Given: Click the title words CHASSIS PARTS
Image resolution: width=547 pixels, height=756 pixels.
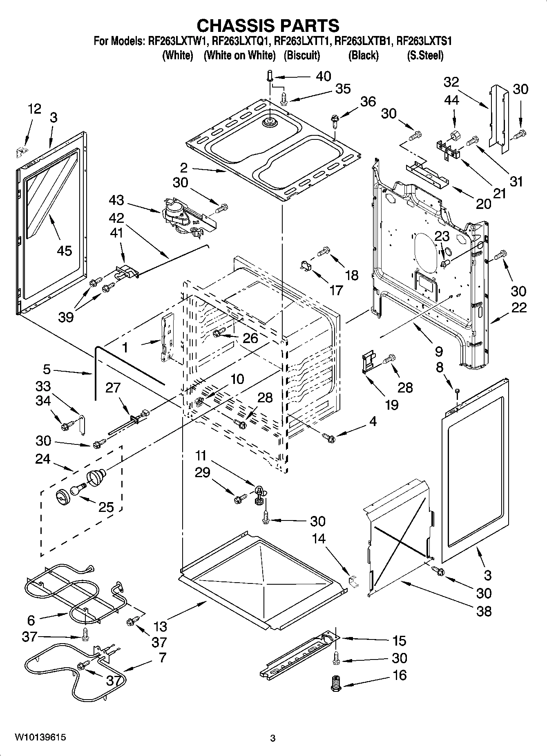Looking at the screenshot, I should (x=268, y=25).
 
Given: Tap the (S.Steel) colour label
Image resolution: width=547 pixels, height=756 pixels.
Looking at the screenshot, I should (x=425, y=56).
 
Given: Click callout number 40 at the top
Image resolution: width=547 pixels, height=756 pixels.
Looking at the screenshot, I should (x=323, y=76).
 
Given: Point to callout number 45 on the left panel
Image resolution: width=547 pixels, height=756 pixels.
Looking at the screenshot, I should (x=65, y=250).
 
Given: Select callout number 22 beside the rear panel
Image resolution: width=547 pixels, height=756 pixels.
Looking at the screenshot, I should (x=519, y=307).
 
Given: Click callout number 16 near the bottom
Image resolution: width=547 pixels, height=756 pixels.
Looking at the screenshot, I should (x=399, y=675).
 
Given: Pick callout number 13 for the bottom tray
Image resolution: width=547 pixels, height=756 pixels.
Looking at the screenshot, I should (x=161, y=626).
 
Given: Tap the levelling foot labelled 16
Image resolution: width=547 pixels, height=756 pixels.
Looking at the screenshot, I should (x=335, y=683).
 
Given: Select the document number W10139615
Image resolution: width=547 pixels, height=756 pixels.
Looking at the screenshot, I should (x=40, y=738).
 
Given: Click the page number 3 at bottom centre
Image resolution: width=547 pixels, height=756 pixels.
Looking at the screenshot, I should (x=273, y=738).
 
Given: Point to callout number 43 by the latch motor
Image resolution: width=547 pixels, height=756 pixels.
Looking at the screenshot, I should (x=117, y=200).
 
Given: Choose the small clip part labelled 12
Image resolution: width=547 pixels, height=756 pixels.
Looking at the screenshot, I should (x=20, y=152).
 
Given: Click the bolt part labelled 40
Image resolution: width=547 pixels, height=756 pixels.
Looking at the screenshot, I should (x=270, y=76).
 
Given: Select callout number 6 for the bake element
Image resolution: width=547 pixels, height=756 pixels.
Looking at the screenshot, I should (x=31, y=620).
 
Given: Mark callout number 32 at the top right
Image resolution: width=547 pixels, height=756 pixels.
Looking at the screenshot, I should (x=451, y=82).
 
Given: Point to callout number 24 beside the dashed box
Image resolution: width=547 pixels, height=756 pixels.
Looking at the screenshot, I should (x=42, y=459).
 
